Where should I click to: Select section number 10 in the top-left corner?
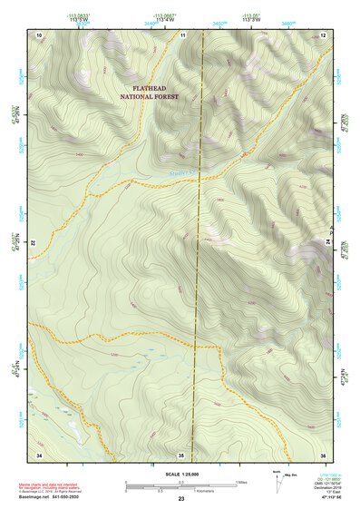[39, 34]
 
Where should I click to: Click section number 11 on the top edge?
[182, 34]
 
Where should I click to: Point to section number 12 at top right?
[323, 34]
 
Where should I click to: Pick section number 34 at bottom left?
[39, 453]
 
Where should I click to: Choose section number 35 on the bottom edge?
[181, 453]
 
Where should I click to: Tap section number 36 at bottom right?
[323, 453]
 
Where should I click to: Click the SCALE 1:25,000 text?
[180, 474]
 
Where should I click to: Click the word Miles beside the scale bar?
[241, 481]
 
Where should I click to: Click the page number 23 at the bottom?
[180, 499]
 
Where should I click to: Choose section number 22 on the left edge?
[34, 244]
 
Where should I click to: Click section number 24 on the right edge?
[327, 244]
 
